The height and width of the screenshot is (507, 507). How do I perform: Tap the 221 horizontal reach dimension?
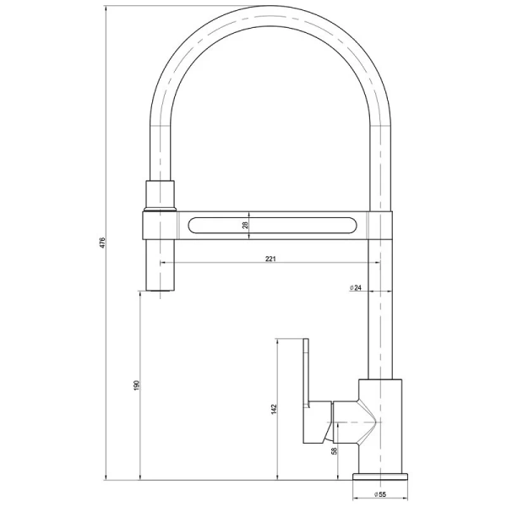(270, 259)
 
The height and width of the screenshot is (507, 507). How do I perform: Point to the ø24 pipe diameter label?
(357, 288)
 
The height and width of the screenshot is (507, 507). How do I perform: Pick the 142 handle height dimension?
(274, 409)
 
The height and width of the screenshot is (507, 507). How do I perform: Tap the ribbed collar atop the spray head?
(161, 195)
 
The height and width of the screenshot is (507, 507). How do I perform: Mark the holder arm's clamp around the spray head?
(161, 225)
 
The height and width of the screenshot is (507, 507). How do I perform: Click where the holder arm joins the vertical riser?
(380, 225)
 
